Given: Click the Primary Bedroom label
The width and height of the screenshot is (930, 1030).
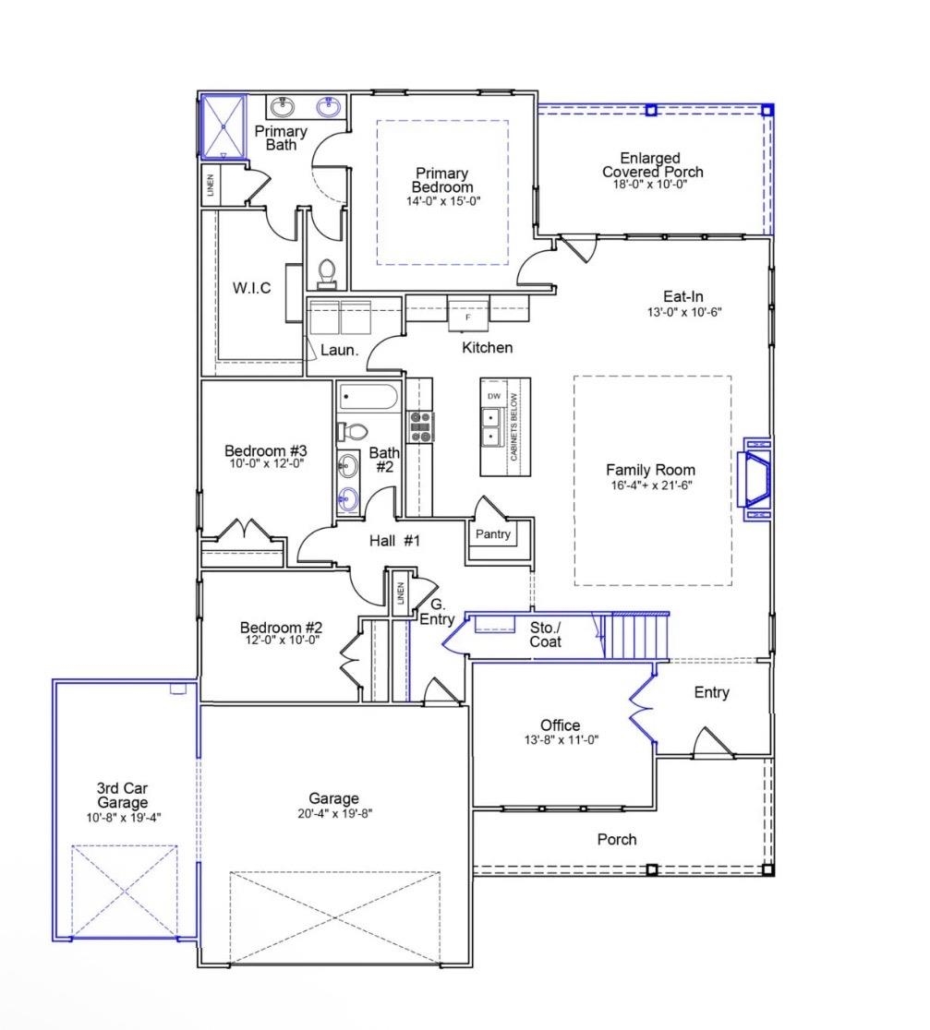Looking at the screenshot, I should pyautogui.click(x=441, y=181).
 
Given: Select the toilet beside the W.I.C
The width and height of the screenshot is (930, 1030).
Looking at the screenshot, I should pyautogui.click(x=326, y=272).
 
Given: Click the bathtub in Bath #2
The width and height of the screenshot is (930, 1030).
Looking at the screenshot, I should pyautogui.click(x=368, y=399).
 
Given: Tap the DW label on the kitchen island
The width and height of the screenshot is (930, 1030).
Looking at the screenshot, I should pyautogui.click(x=494, y=396).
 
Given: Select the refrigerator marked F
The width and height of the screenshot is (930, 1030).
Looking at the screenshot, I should pyautogui.click(x=468, y=315).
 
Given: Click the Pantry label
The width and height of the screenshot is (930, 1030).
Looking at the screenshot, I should pyautogui.click(x=492, y=534).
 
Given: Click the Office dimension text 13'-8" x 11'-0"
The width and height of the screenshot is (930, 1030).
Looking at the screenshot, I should pyautogui.click(x=561, y=739).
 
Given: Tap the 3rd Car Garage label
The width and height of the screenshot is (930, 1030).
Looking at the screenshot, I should pyautogui.click(x=122, y=796).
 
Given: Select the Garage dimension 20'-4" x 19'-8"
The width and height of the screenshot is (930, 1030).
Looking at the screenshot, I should pyautogui.click(x=334, y=813).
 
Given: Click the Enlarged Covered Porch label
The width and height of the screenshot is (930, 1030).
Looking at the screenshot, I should pyautogui.click(x=652, y=165).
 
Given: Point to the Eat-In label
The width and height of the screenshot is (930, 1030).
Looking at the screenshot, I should pyautogui.click(x=683, y=296).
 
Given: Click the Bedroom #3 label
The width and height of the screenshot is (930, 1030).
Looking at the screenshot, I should pyautogui.click(x=265, y=450).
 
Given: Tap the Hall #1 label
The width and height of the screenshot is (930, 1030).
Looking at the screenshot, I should pyautogui.click(x=394, y=542).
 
